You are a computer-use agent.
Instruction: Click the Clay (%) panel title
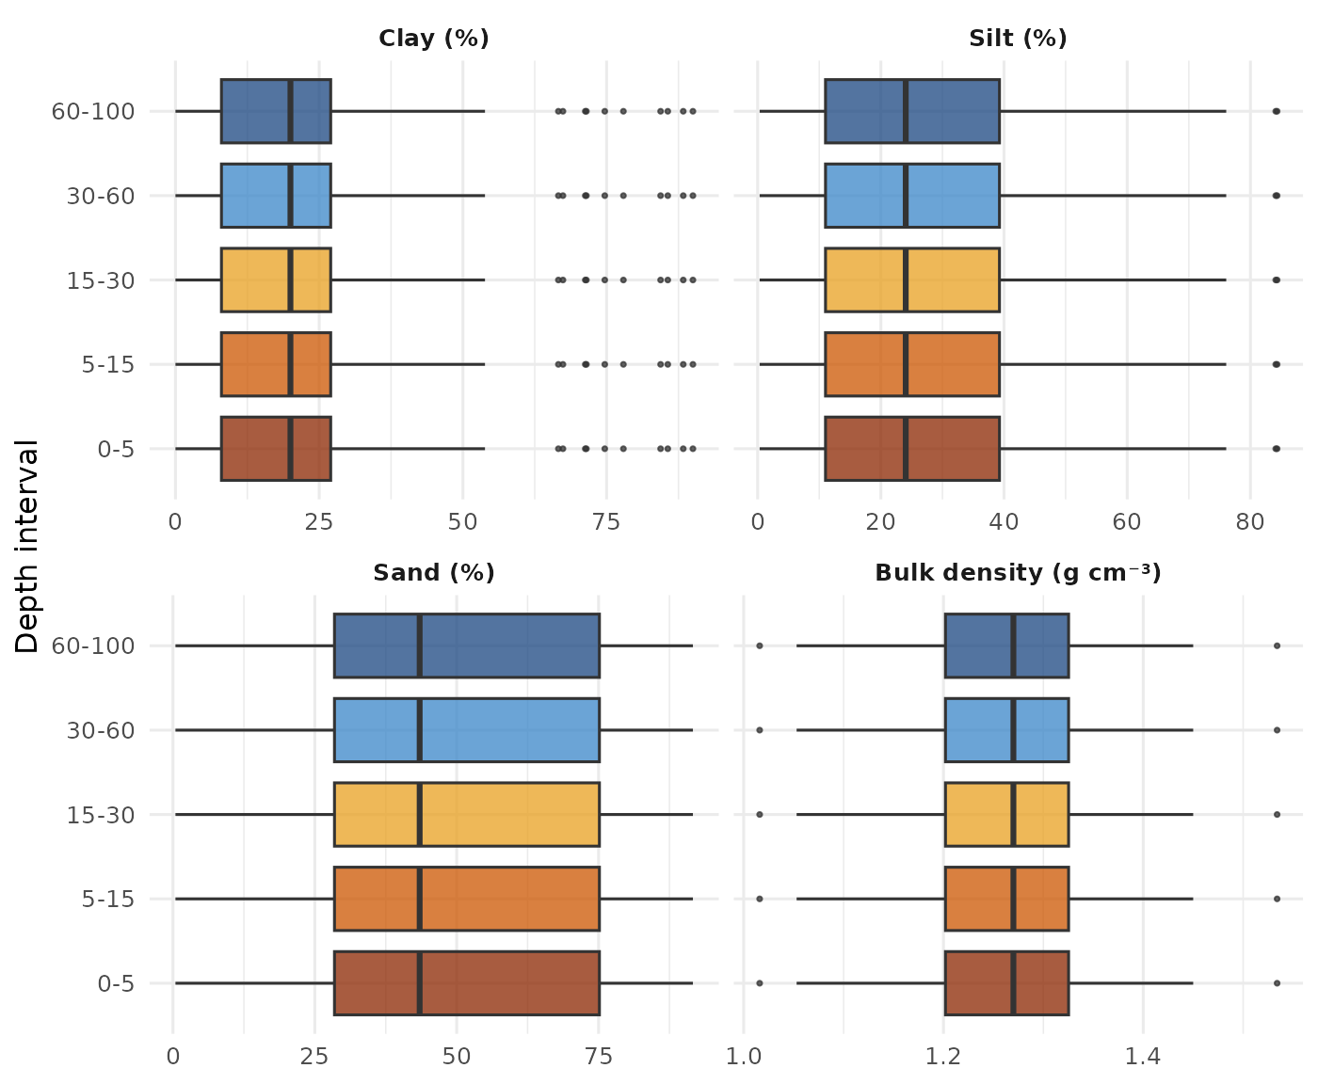433,39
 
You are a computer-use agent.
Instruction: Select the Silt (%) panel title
1018,39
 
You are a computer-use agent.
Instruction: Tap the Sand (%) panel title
433,573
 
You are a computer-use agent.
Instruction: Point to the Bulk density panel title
1018,573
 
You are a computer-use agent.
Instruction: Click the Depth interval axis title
27,546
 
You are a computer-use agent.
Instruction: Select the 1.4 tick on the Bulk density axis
1143,1057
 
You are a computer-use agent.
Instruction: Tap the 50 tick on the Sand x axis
457,1057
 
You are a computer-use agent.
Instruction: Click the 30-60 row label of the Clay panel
101,196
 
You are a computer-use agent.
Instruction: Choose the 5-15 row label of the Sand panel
108,899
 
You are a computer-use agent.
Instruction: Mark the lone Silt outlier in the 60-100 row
1277,111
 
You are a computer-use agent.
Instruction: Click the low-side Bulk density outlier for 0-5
760,983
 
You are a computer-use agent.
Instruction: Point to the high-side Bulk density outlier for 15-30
1278,814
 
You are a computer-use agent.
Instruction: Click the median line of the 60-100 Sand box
419,646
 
